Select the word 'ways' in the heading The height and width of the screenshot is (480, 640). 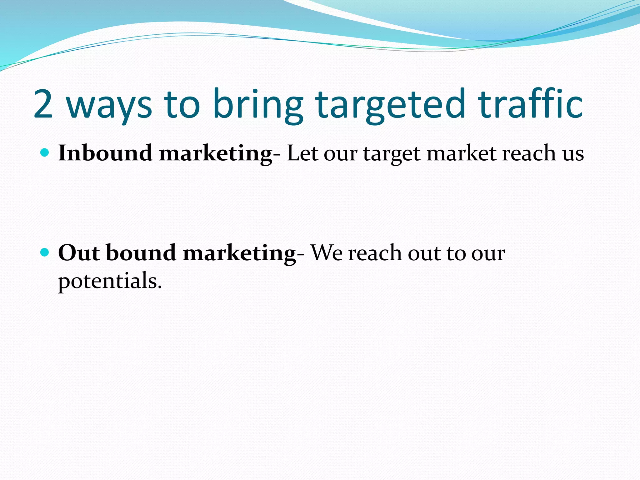click(x=109, y=106)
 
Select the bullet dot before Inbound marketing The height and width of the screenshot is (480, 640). click(x=45, y=153)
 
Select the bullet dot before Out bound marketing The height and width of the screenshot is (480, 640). click(x=45, y=252)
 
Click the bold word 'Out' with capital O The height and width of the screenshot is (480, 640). click(x=79, y=252)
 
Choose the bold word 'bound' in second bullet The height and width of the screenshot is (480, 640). click(x=141, y=252)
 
